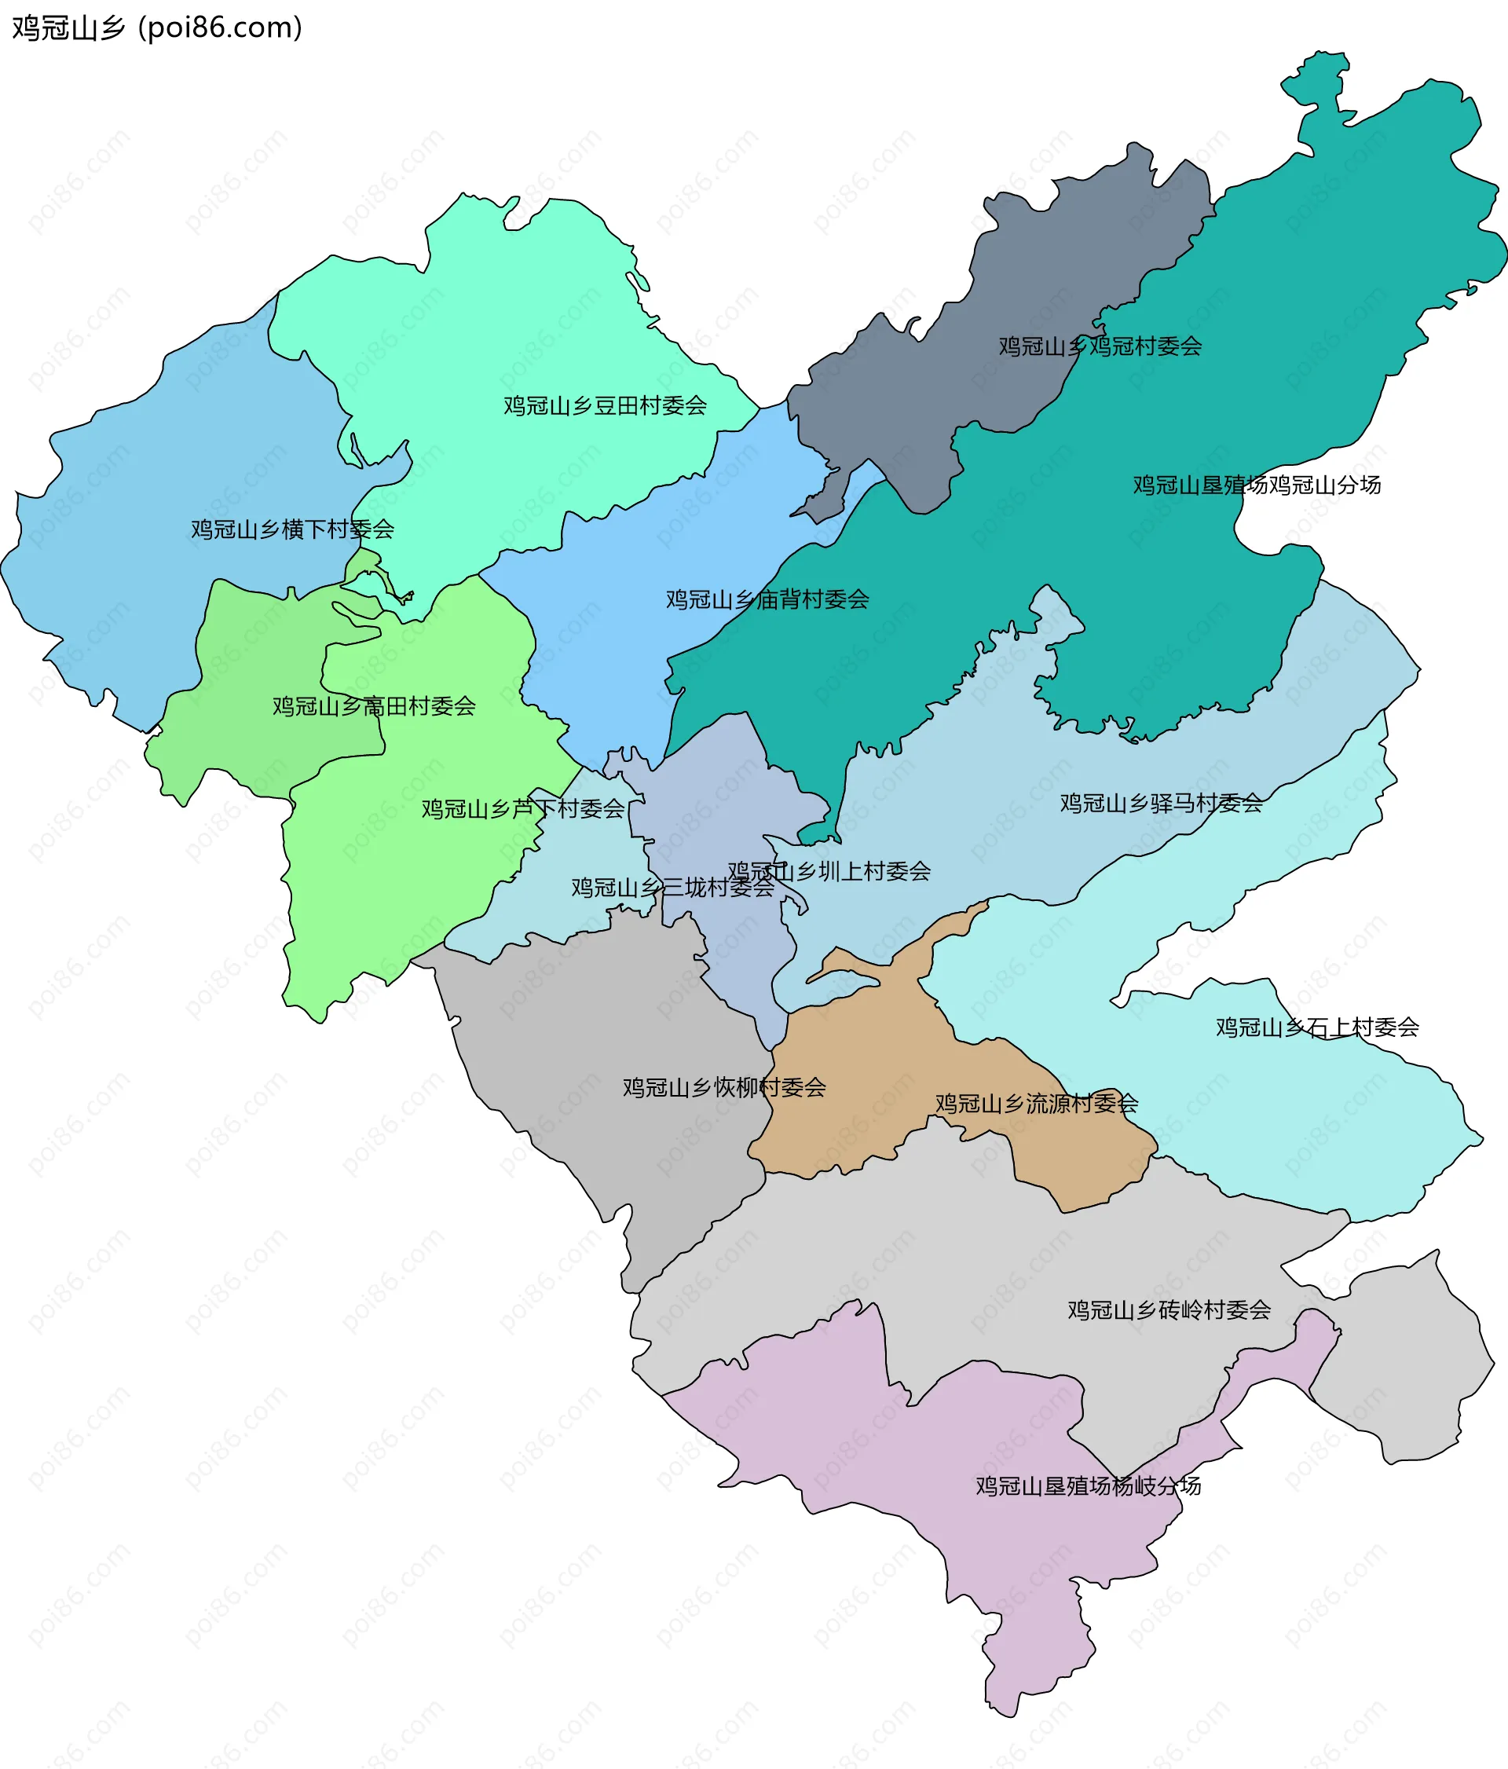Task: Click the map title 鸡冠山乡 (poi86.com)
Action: tap(157, 28)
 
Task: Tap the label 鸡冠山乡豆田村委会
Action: tap(605, 405)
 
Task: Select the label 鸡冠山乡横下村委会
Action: tap(292, 529)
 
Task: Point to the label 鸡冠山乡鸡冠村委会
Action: tap(1100, 346)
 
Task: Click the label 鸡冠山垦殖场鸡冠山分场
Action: tap(1256, 485)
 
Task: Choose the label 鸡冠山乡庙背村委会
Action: tap(767, 599)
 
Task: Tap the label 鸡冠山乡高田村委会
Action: tap(374, 706)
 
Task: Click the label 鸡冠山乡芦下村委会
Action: tap(523, 808)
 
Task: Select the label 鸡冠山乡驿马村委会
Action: tap(1162, 804)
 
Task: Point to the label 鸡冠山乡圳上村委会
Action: tap(829, 872)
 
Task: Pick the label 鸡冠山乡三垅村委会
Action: tap(672, 888)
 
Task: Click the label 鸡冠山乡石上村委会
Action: tap(1317, 1027)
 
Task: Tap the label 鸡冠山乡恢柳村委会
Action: tap(723, 1088)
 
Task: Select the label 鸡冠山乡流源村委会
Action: tap(1036, 1104)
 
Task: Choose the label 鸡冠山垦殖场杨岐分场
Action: tap(1088, 1486)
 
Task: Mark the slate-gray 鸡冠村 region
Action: tap(1024, 282)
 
